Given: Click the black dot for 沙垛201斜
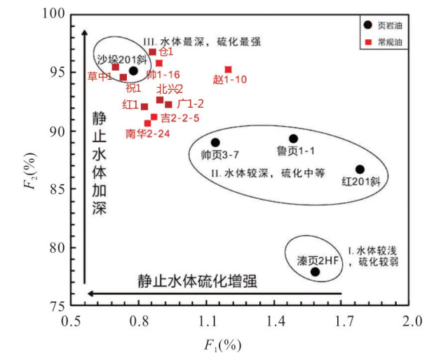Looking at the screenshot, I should click(x=133, y=71).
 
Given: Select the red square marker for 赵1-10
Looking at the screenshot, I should click(x=228, y=69).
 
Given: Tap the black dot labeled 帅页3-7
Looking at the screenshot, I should click(x=215, y=142).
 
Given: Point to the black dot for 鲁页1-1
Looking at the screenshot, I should click(x=293, y=139).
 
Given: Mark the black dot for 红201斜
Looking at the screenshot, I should click(x=360, y=169).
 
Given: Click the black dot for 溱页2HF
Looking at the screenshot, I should click(x=315, y=272).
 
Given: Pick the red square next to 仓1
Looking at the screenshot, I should click(x=152, y=52).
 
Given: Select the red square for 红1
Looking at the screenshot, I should click(x=144, y=106).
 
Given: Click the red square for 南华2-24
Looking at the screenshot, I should click(x=147, y=123).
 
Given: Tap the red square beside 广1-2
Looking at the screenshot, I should click(x=168, y=104).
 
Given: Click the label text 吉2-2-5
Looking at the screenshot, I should click(x=180, y=118).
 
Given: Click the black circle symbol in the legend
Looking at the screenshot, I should click(x=368, y=25).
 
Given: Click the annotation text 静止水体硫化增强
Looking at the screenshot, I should click(x=197, y=282).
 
